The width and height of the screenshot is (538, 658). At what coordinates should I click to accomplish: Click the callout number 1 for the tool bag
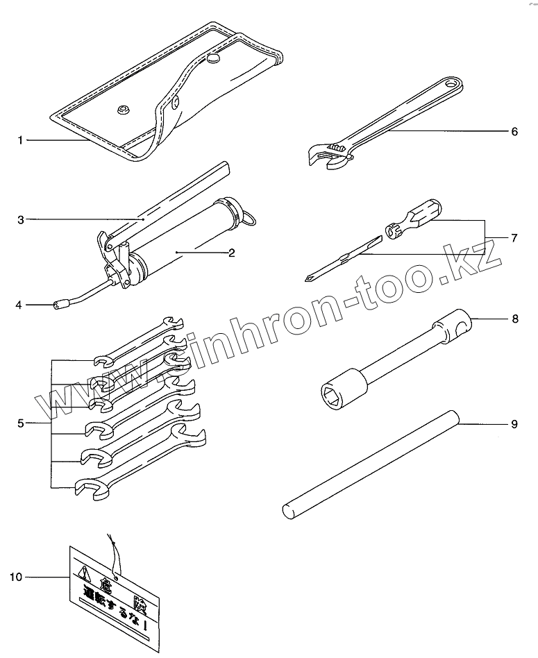[21, 141]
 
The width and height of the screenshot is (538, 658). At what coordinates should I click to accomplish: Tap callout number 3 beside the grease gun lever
[21, 220]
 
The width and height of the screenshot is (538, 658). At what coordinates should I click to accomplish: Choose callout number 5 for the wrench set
[21, 423]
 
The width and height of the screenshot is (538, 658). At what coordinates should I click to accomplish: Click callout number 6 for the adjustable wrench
[514, 131]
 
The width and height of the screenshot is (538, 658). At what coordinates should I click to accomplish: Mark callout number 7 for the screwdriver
[514, 238]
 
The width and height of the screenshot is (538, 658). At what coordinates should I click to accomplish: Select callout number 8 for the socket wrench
[514, 319]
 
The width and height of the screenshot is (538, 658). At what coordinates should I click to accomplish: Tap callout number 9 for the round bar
[514, 423]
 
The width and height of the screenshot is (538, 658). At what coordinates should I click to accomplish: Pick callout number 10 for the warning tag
[17, 576]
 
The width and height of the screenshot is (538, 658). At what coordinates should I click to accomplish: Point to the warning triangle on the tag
[85, 573]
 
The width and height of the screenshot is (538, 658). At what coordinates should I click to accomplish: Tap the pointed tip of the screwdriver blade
[308, 279]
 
